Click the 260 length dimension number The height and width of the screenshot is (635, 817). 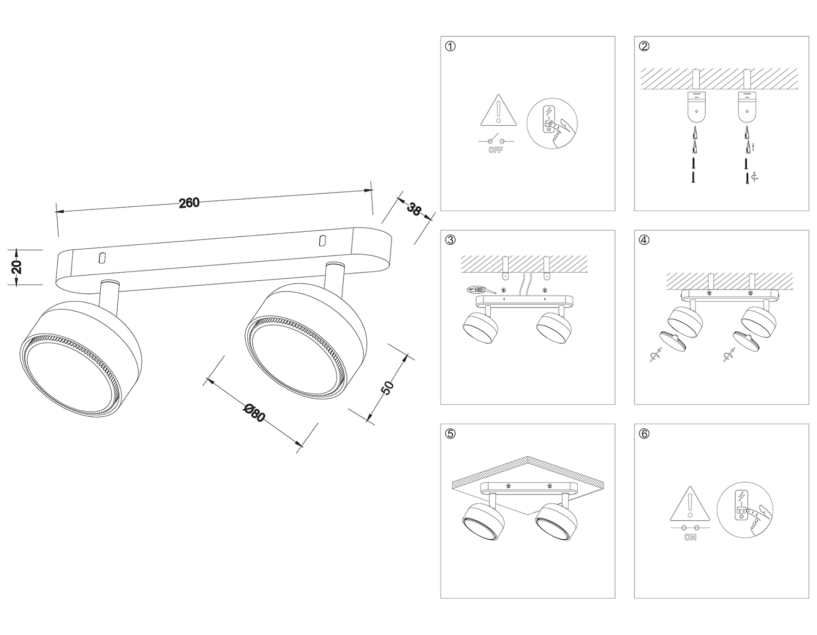click(189, 203)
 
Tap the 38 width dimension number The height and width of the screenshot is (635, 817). click(414, 209)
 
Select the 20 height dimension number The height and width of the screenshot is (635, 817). click(16, 267)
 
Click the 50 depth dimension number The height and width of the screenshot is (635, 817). click(388, 387)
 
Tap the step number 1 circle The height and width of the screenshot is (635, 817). click(450, 46)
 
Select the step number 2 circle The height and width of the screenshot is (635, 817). click(644, 46)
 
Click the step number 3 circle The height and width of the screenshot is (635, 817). click(450, 240)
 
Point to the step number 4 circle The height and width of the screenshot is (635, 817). click(644, 240)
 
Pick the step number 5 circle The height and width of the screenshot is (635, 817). click(450, 434)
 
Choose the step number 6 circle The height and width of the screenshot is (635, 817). click(644, 434)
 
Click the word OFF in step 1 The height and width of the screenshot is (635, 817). click(495, 150)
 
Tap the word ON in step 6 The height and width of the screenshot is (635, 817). click(690, 538)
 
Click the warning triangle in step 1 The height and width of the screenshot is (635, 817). click(498, 110)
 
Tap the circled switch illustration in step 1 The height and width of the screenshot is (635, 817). click(552, 124)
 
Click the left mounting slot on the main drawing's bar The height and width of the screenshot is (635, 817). click(101, 258)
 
